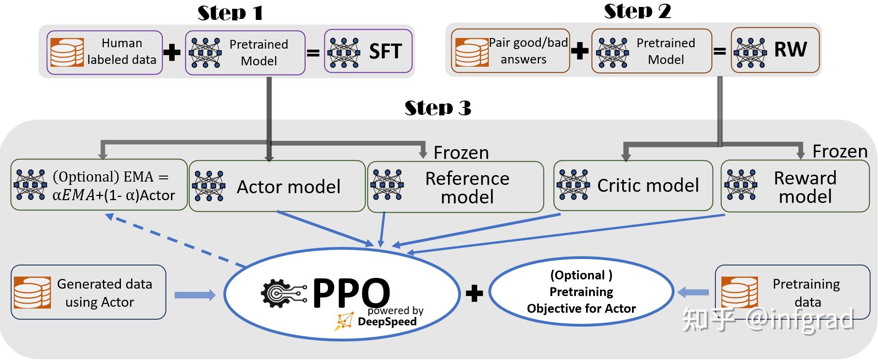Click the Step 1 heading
pos(230,13)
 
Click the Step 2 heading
pos(637,11)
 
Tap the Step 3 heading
pos(438,108)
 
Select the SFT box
pos(368,51)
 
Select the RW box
pos(775,50)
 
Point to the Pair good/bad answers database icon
pos(472,52)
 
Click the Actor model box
pos(277,186)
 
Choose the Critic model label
pos(647,186)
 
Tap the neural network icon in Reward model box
pos(740,185)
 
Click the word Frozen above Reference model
pos(461,152)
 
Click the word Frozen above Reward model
pos(840,151)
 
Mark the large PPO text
pos(351,292)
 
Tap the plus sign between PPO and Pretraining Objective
pos(474,293)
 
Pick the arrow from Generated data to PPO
pos(195,295)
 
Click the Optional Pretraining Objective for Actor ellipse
pos(581,292)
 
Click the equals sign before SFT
pos(314,53)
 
